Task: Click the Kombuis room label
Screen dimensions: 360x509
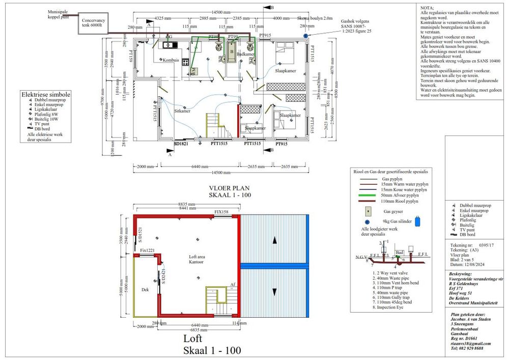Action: click(171, 60)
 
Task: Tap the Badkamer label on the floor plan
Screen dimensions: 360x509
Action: click(246, 54)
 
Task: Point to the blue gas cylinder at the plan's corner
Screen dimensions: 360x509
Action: click(305, 36)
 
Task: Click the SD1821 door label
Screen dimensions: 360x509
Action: click(181, 144)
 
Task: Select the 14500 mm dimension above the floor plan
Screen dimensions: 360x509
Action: click(220, 12)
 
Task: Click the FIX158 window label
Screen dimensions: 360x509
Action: click(222, 212)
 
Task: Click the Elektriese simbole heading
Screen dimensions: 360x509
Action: click(46, 95)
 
